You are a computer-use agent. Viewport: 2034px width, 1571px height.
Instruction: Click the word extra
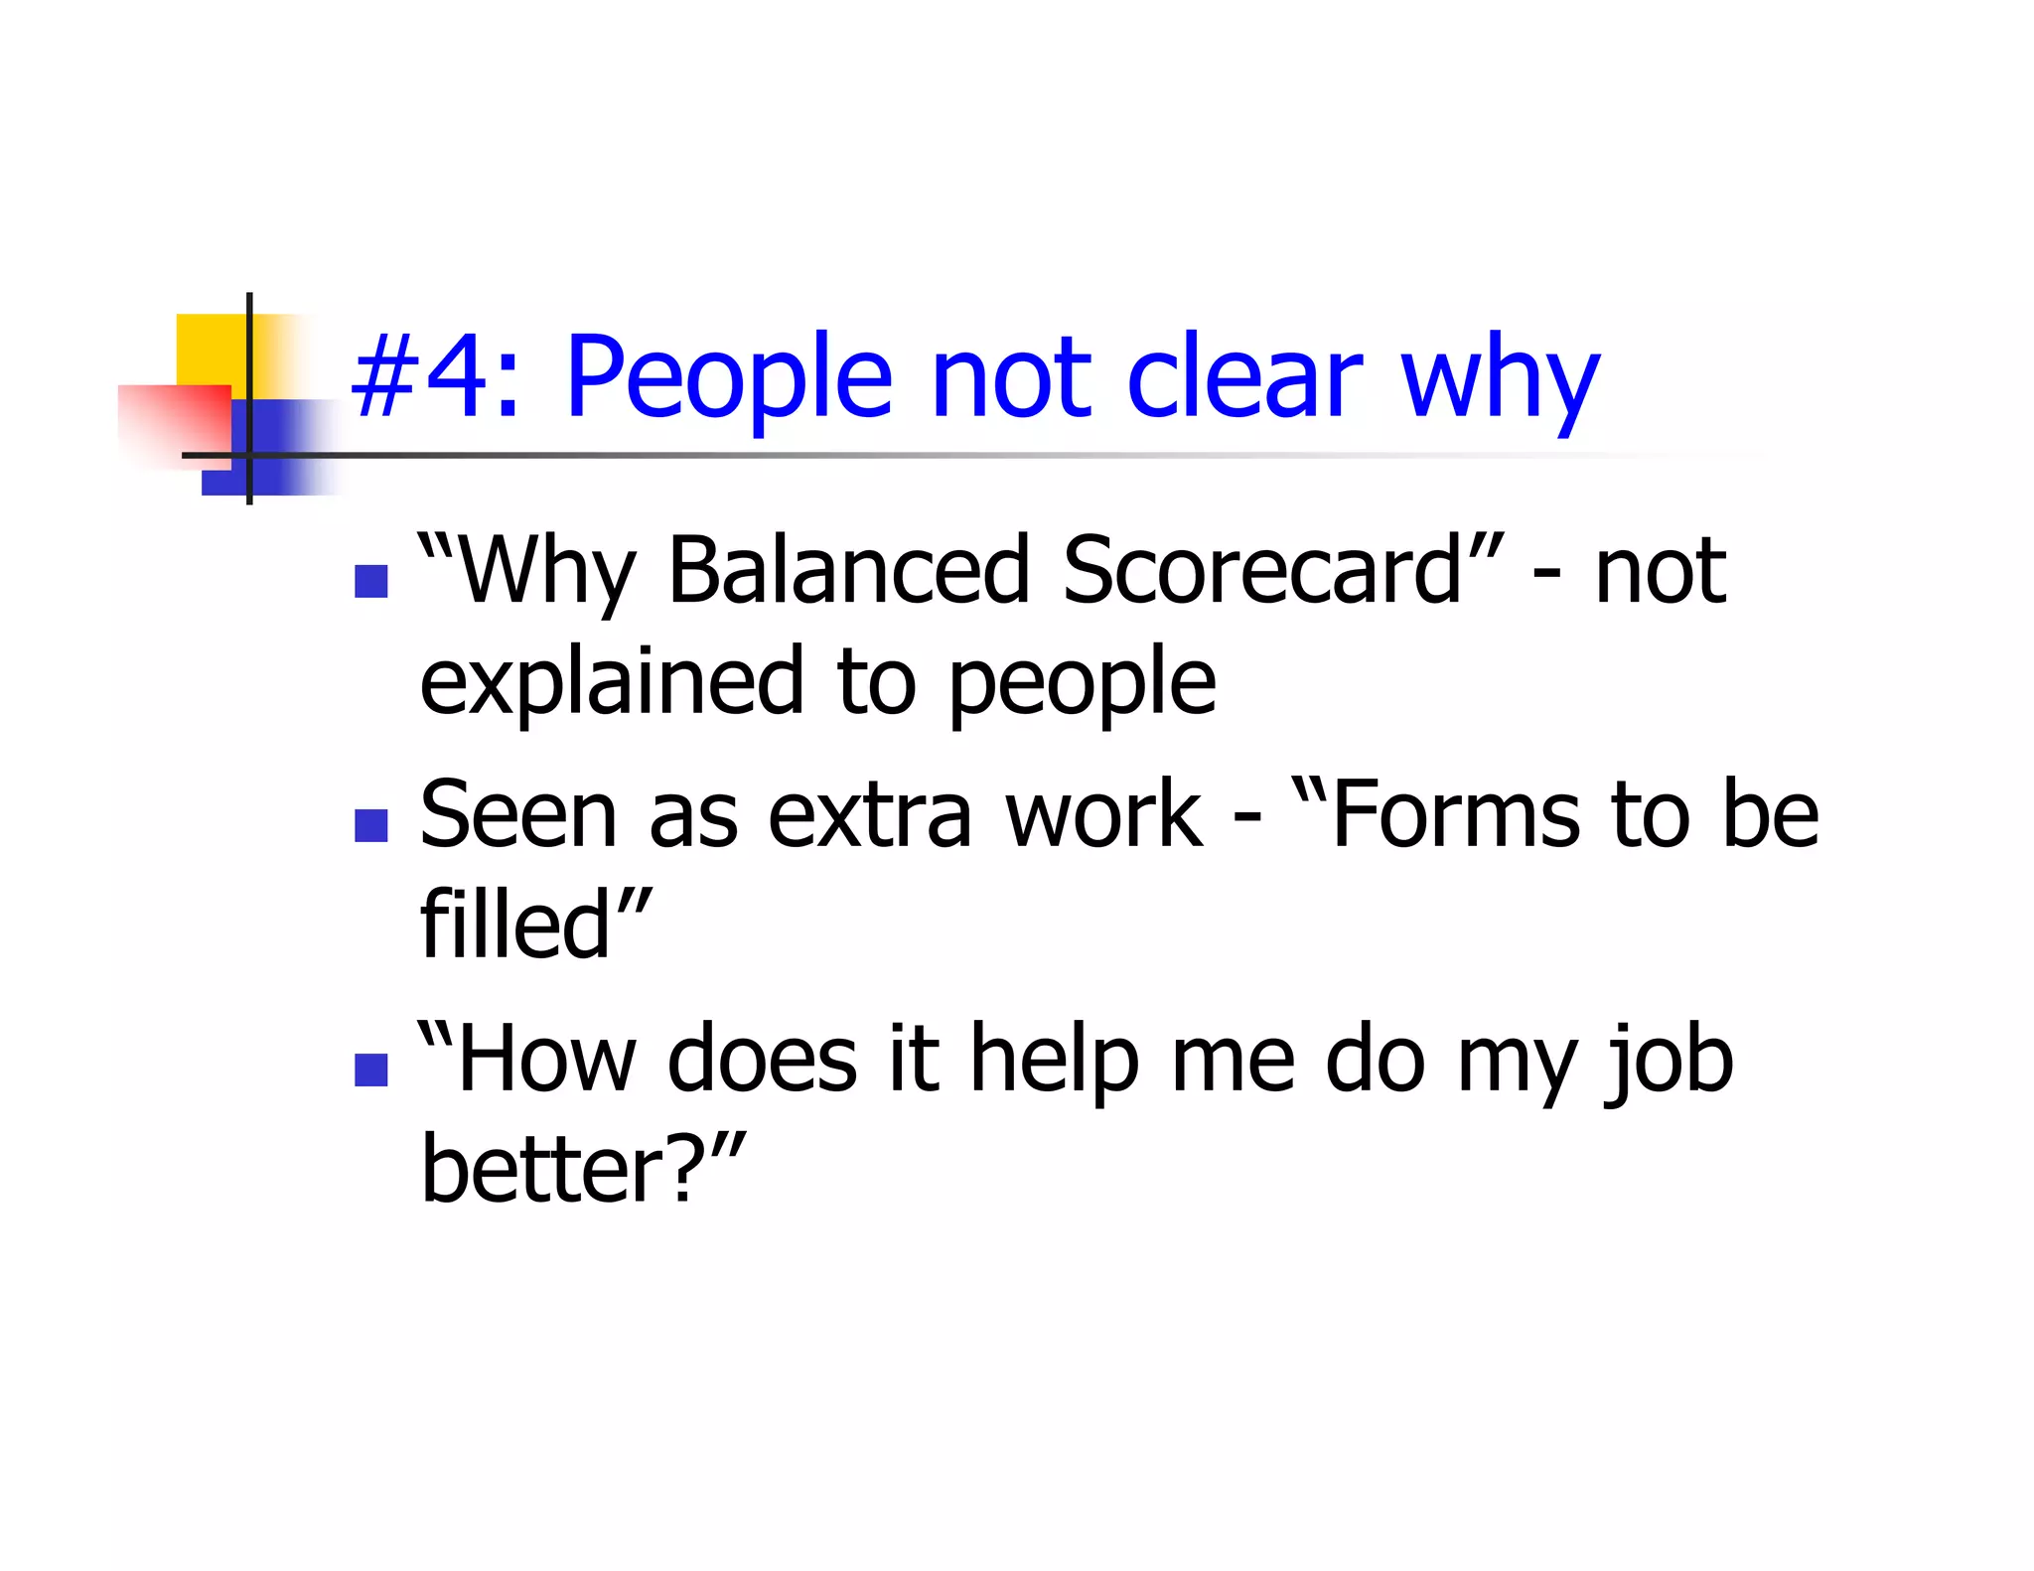[869, 816]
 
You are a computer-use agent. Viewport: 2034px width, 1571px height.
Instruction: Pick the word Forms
[1455, 816]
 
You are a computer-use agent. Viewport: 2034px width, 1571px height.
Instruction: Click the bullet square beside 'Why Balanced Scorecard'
[370, 582]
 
